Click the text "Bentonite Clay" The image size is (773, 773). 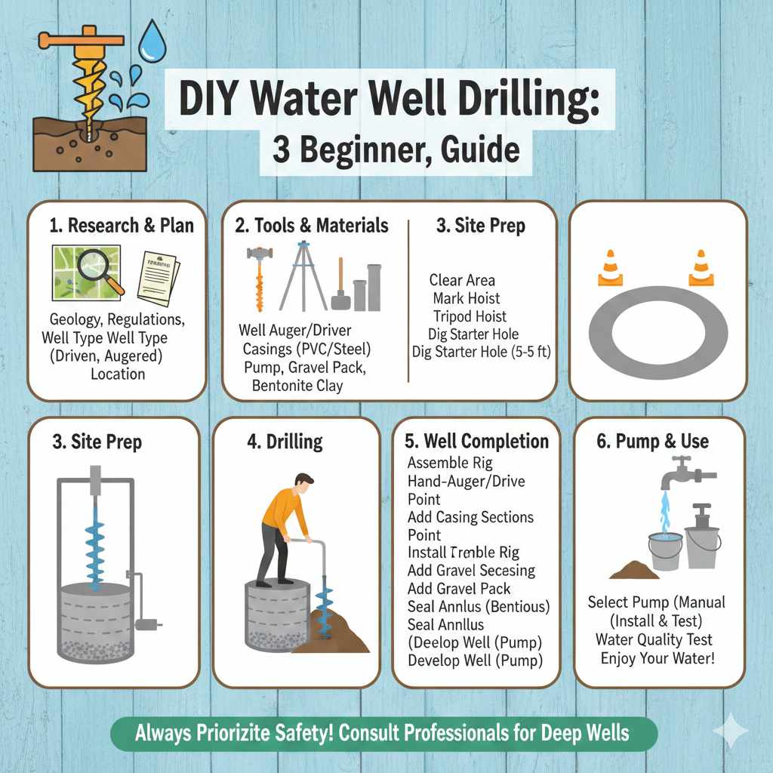(x=297, y=386)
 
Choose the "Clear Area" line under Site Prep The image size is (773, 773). (x=462, y=280)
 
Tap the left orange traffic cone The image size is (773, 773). (x=610, y=268)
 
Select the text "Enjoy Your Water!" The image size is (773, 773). (x=657, y=658)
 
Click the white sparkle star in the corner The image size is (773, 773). (x=730, y=731)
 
